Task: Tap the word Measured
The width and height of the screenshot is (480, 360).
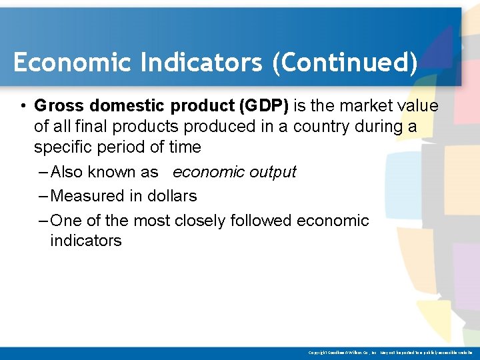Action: [x=83, y=196]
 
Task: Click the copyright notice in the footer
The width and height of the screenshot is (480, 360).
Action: [x=391, y=353]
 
